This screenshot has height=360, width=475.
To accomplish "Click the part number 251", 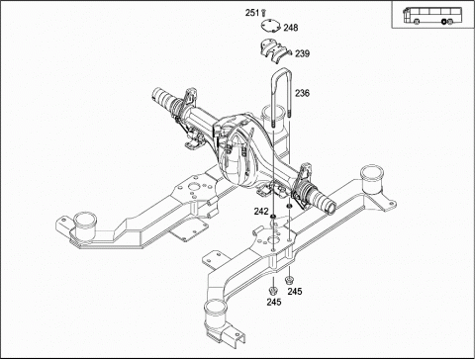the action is click(x=252, y=13).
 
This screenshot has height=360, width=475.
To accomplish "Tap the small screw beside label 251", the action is click(x=263, y=13).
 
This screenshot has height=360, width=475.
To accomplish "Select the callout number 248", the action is click(x=291, y=28).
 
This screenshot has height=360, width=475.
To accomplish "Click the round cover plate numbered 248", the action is click(x=270, y=26).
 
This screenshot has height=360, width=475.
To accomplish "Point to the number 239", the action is click(x=302, y=53).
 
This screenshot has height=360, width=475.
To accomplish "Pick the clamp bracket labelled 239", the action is click(x=274, y=51).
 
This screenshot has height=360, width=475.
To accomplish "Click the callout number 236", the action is click(x=302, y=93).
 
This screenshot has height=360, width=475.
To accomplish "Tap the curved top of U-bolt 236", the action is click(x=281, y=70).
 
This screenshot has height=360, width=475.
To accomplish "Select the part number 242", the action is click(x=261, y=212).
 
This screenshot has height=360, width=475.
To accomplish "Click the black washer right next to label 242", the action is click(x=273, y=216).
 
